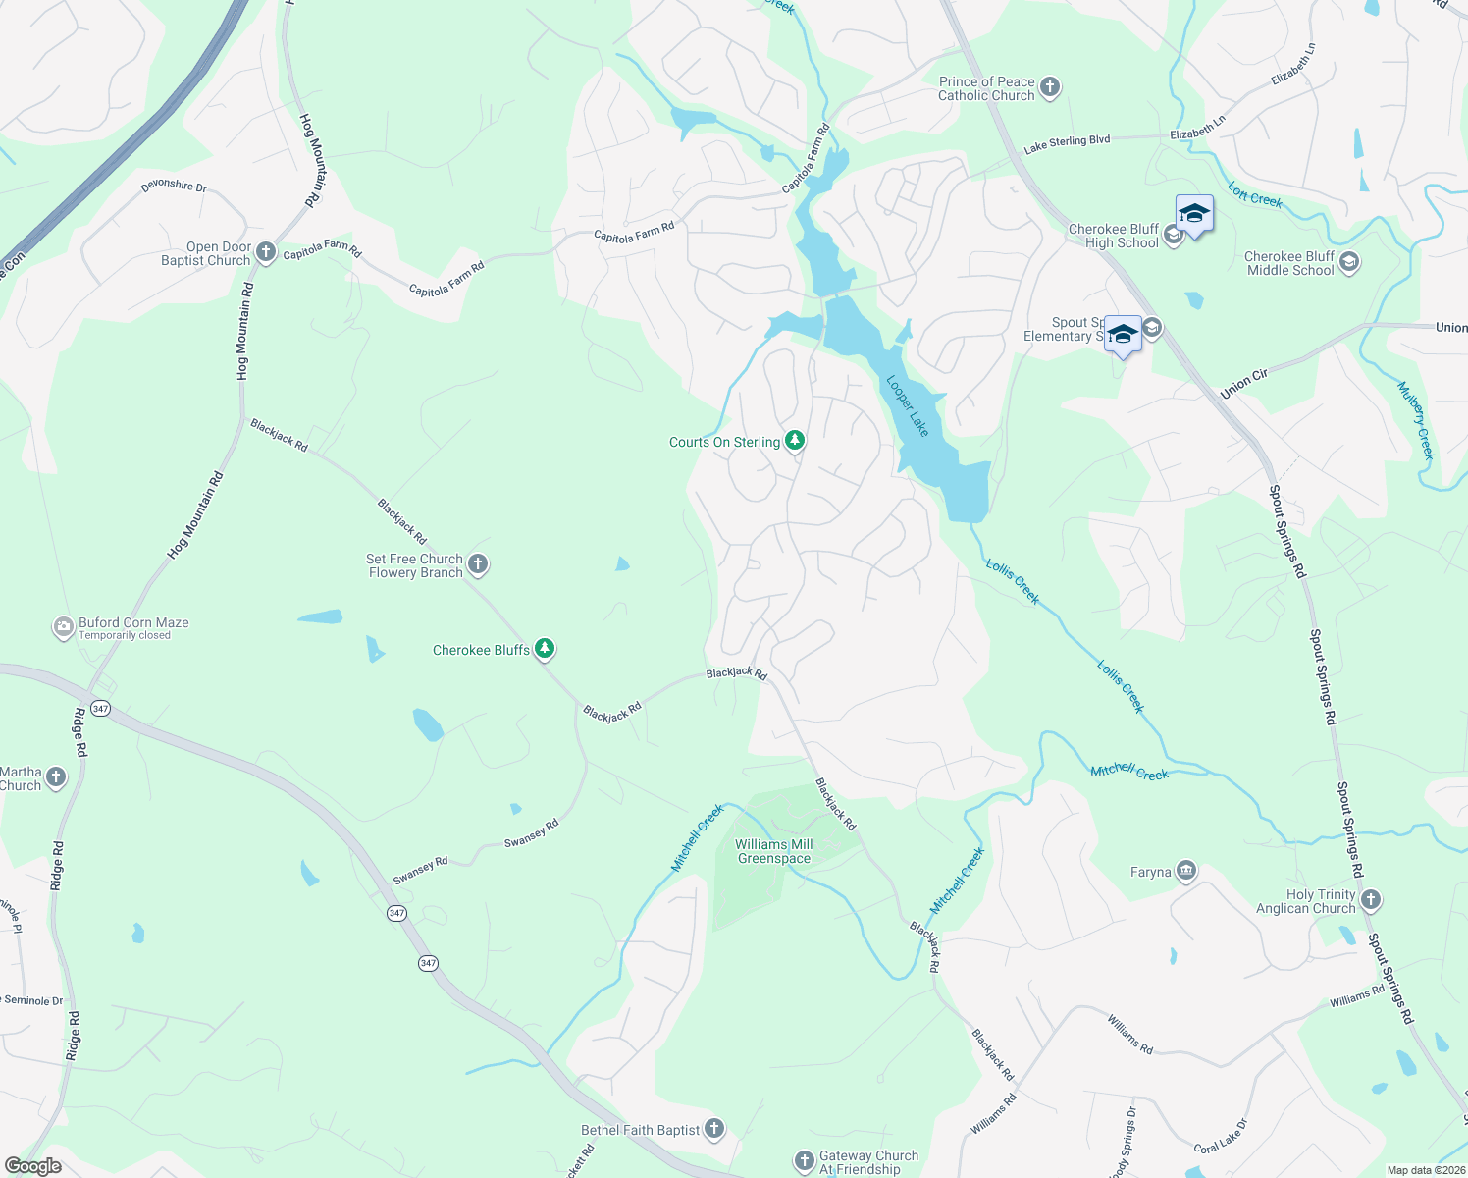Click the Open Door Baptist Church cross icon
pos(265,253)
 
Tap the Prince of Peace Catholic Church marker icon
pos(1050,88)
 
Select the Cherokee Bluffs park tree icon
pos(545,649)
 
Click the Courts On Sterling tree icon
pos(795,441)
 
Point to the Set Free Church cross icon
pos(478,564)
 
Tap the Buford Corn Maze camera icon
pos(64,627)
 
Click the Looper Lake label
pos(908,405)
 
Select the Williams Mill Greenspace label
pos(774,851)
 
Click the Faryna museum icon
pos(1186,871)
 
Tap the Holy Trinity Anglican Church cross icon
pos(1371,900)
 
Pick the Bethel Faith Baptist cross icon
pos(714,1129)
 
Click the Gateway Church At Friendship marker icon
pos(804,1162)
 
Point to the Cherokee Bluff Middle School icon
pos(1349,262)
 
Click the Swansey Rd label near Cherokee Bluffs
pos(531,833)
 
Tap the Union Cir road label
pos(1244,384)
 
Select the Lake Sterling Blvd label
pos(1067,144)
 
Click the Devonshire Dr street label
pos(174,185)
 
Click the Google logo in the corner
pos(32,1166)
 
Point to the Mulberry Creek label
pos(1416,420)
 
